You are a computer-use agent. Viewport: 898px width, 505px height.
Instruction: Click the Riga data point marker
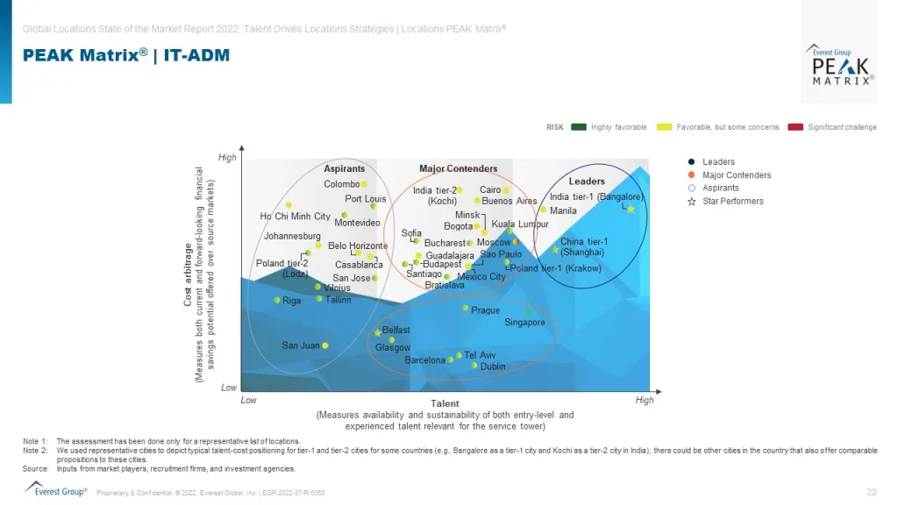click(x=277, y=301)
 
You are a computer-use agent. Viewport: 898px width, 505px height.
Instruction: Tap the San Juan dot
click(x=325, y=345)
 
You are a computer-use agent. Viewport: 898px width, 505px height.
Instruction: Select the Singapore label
click(x=524, y=323)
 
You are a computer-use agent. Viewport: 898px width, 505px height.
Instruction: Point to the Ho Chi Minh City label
click(x=296, y=217)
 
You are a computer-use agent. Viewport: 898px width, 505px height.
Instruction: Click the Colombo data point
click(x=363, y=184)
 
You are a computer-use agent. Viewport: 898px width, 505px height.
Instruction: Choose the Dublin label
click(x=493, y=366)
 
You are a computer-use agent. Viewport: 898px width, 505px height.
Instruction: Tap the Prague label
click(x=486, y=310)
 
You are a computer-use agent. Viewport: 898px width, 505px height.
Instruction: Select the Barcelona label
click(x=424, y=360)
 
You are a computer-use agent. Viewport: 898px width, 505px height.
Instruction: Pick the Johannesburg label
click(x=292, y=236)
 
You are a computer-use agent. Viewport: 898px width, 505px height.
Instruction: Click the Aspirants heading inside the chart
click(x=345, y=168)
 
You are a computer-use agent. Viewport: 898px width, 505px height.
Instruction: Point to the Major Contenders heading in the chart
click(x=458, y=168)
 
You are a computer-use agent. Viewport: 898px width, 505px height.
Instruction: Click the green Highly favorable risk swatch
click(x=579, y=127)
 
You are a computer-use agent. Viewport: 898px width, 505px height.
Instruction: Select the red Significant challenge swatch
click(x=795, y=127)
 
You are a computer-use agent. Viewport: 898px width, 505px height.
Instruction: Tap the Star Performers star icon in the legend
click(x=692, y=202)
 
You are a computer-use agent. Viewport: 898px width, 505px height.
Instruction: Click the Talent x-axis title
click(x=445, y=403)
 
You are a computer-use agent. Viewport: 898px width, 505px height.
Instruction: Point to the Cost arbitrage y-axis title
click(x=188, y=273)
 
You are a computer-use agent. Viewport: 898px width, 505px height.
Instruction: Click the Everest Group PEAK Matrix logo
click(x=840, y=63)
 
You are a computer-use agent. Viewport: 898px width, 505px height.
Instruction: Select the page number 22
click(x=872, y=492)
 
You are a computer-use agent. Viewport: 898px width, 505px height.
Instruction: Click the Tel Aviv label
click(x=480, y=355)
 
